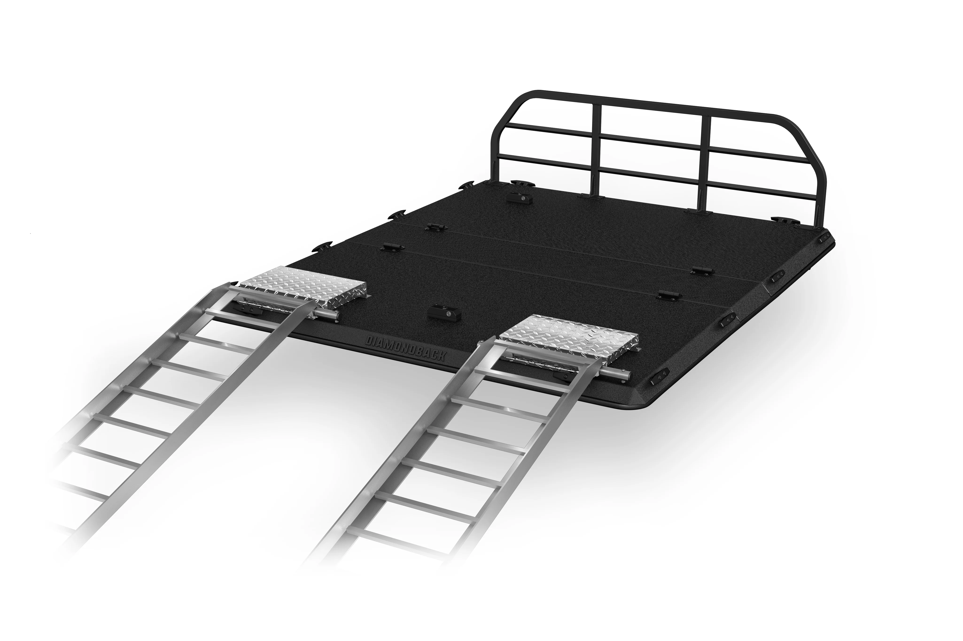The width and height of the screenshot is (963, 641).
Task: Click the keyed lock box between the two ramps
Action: (x=444, y=312)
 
